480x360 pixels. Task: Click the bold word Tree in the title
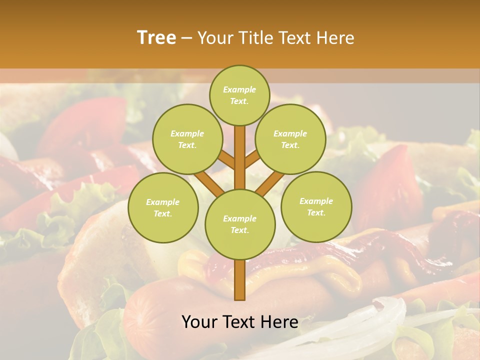pyautogui.click(x=156, y=37)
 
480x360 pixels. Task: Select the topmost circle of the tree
pyautogui.click(x=239, y=95)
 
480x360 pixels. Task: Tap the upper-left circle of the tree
pyautogui.click(x=187, y=139)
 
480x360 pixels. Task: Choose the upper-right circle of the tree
pyautogui.click(x=290, y=139)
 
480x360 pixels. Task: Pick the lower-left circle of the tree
pyautogui.click(x=163, y=207)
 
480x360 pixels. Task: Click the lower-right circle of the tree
pyautogui.click(x=316, y=206)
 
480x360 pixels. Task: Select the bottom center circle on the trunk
pyautogui.click(x=240, y=224)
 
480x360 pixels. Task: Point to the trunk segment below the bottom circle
pyautogui.click(x=240, y=280)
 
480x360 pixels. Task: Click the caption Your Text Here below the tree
pyautogui.click(x=239, y=322)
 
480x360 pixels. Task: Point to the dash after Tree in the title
pyautogui.click(x=186, y=38)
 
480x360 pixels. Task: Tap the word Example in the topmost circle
pyautogui.click(x=239, y=89)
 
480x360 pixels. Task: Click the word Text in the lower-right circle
pyautogui.click(x=316, y=212)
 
